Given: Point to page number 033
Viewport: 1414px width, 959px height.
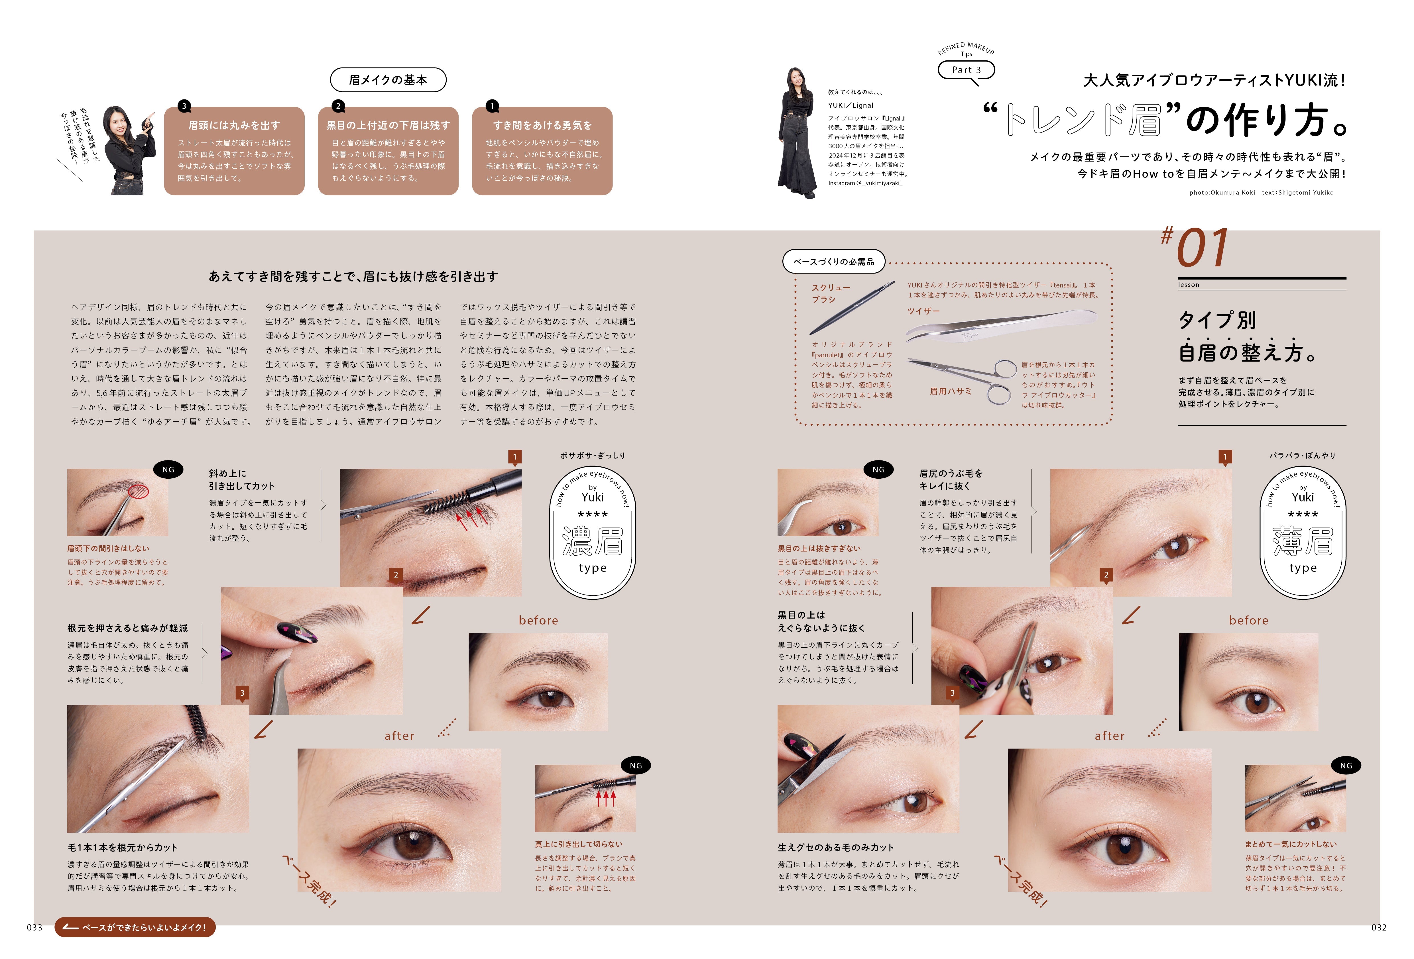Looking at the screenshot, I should pos(35,927).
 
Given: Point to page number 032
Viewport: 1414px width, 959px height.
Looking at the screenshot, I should pos(1379,927).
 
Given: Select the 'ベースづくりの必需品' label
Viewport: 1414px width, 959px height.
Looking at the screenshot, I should pos(834,262).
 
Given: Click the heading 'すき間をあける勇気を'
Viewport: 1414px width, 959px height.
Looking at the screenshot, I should pos(542,125).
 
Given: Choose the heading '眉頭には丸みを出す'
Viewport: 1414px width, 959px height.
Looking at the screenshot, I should pos(234,125).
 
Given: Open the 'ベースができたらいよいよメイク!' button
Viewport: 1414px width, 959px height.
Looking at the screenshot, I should pos(135,927).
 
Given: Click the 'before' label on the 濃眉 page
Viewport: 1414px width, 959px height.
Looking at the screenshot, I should pos(538,620).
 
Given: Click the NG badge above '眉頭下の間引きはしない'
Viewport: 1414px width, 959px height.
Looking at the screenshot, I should pos(168,470).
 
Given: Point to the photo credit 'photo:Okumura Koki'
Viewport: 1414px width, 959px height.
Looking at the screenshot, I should pos(1222,193).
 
